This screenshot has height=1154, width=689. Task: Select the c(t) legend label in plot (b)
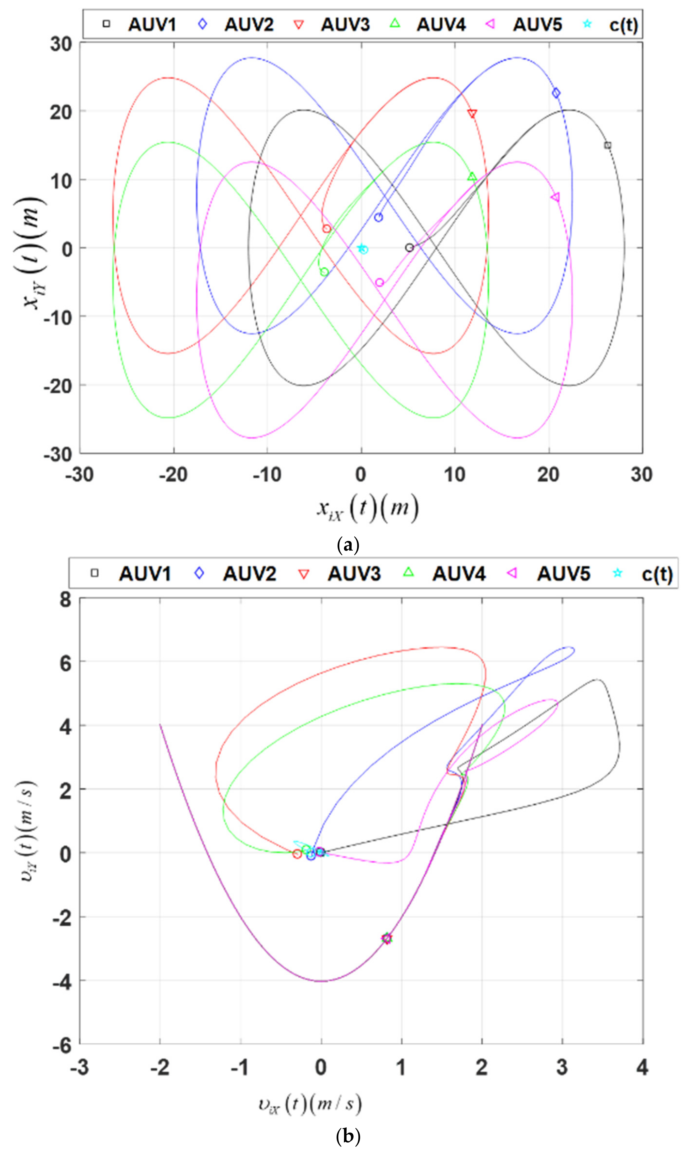[656, 574]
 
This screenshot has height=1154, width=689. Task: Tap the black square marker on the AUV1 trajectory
[607, 145]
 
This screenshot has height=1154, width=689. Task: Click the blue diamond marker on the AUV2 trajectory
[556, 93]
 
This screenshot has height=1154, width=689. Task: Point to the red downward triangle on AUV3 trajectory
[472, 114]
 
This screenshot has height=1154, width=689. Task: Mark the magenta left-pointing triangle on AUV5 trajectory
[555, 197]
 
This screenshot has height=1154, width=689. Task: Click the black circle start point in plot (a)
[409, 248]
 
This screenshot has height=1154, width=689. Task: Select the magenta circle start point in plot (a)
[379, 282]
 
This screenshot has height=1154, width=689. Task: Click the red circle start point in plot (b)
[297, 854]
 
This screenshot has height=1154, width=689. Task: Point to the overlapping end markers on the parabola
[387, 938]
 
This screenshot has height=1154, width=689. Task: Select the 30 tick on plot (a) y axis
[61, 45]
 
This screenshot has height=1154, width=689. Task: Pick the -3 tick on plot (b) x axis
[80, 1067]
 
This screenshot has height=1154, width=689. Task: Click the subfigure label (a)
[348, 544]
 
